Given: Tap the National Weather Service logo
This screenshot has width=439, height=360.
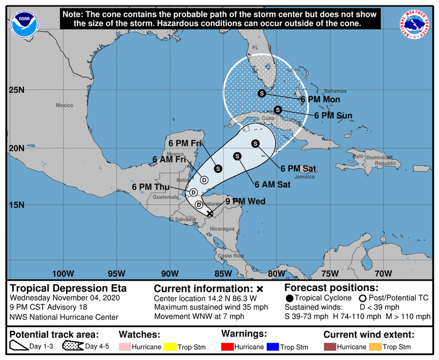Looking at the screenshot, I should (415, 24).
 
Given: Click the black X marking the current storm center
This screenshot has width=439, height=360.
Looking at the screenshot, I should (209, 213).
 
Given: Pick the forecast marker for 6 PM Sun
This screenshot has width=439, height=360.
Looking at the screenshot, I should (278, 110).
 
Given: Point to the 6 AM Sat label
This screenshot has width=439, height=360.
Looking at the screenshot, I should (272, 185).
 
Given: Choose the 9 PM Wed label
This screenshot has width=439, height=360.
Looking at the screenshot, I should (245, 201).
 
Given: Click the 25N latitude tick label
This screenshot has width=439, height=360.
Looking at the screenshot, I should (17, 90).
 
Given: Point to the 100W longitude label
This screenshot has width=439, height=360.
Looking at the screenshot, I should (63, 274).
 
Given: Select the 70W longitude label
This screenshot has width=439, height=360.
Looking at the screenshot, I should (383, 274).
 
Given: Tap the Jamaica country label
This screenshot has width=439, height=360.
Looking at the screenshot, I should (305, 177).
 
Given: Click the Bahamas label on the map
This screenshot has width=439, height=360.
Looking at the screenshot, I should (335, 91).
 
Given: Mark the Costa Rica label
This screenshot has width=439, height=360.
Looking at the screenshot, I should (231, 256).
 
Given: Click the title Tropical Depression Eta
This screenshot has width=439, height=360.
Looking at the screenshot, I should (68, 288).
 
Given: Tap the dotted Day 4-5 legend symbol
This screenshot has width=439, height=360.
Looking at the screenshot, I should (73, 346).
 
